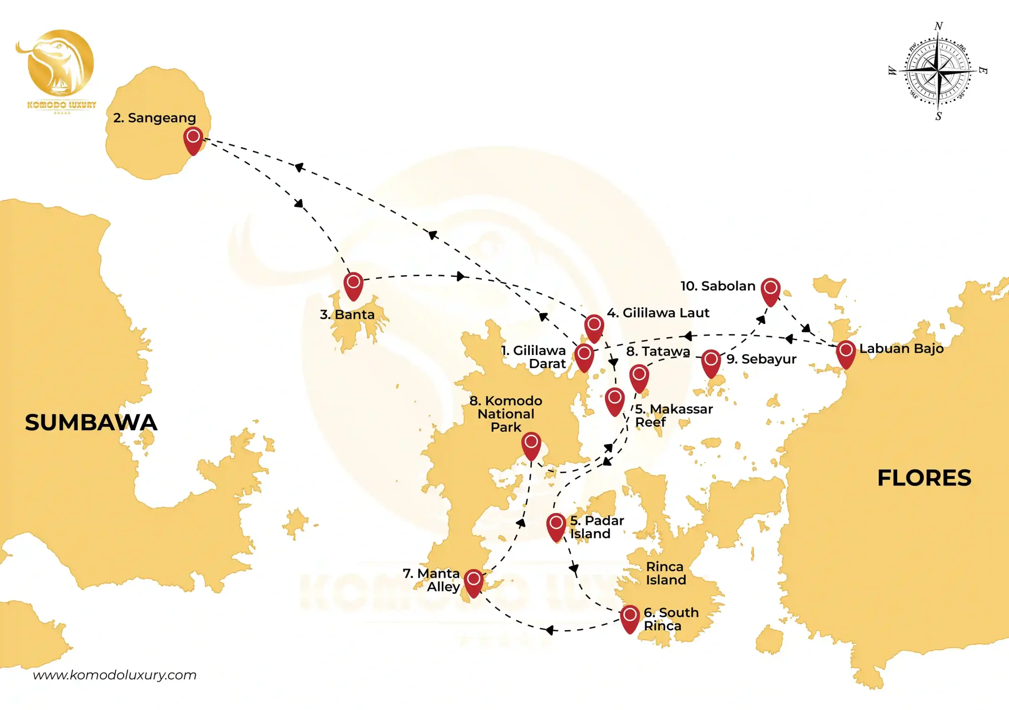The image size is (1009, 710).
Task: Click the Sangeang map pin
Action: (x=193, y=139)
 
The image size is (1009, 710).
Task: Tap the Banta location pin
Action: (x=353, y=285)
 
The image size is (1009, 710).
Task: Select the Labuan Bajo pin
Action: (x=846, y=353)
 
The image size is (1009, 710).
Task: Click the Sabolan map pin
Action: (x=771, y=290)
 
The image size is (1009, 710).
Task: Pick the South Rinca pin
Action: (x=630, y=617)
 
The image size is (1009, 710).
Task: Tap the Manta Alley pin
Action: (x=473, y=582)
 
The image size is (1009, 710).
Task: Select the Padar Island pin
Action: (x=556, y=526)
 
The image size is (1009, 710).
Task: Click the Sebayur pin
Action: (x=711, y=362)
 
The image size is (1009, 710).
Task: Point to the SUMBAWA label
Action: (x=91, y=422)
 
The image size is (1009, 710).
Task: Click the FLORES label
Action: (x=924, y=478)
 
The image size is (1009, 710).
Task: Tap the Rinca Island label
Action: (x=666, y=573)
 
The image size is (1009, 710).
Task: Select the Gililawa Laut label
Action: (x=658, y=313)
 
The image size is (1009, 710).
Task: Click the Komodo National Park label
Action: (x=506, y=414)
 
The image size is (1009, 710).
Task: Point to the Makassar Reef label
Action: (x=673, y=416)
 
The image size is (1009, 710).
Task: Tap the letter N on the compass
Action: (x=939, y=26)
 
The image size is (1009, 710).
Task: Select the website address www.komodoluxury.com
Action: (x=115, y=675)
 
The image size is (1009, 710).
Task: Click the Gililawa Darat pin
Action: (x=584, y=356)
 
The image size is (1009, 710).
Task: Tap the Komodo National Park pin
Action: (x=531, y=445)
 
